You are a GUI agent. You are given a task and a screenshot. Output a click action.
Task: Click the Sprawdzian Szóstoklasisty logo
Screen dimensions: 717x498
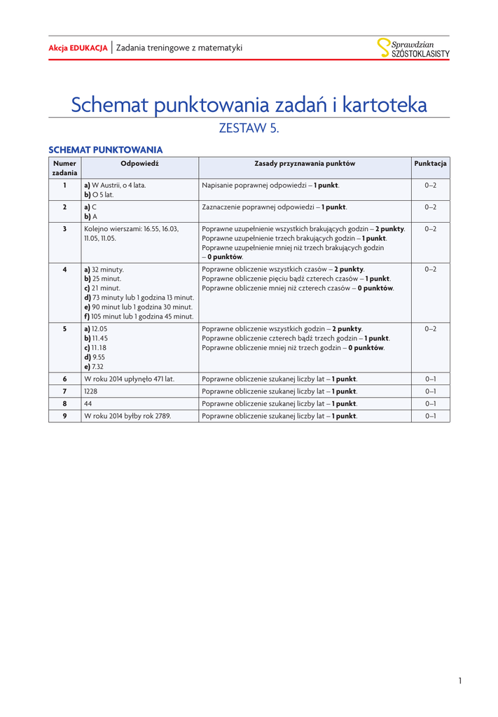pos(413,48)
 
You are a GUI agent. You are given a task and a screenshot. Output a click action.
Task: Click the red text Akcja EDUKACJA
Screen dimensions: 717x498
pos(78,48)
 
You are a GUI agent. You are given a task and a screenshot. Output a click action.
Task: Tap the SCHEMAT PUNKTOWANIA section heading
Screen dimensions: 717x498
pos(105,150)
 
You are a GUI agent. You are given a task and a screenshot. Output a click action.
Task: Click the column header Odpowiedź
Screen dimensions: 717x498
pos(140,163)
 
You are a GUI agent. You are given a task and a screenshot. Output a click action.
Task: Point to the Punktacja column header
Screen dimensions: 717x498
pos(430,163)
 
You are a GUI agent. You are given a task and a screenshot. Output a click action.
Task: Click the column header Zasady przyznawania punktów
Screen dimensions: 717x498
pos(305,163)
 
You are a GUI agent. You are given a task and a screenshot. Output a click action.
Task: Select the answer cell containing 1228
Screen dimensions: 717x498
pos(91,391)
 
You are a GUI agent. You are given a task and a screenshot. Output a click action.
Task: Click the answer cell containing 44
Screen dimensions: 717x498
pos(88,403)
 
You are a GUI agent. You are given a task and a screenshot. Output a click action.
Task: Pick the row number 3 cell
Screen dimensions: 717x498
pos(64,229)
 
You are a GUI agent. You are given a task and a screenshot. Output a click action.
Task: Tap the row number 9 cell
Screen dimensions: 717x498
pos(64,416)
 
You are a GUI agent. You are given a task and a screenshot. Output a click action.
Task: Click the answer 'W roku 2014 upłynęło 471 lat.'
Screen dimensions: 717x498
pos(129,379)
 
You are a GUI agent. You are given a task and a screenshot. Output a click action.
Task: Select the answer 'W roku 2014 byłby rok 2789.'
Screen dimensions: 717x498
pos(127,416)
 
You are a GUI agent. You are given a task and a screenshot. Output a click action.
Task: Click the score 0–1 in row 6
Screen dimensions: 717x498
pos(430,379)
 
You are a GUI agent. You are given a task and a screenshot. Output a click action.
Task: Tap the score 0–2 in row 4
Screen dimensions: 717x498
pos(430,269)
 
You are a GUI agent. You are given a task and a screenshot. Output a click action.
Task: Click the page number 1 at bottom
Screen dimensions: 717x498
pos(460,681)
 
